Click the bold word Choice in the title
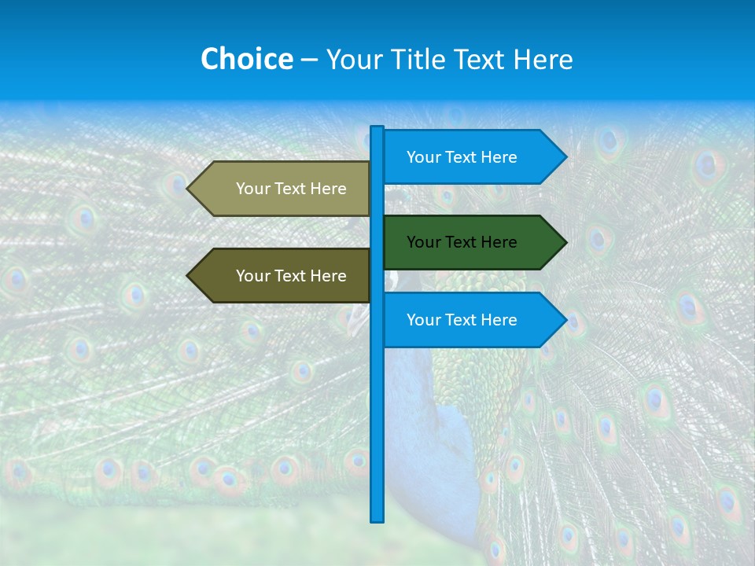point(246,59)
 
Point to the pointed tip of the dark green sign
point(565,242)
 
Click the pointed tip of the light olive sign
point(189,189)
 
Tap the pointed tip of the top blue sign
point(565,157)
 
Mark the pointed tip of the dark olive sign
point(189,276)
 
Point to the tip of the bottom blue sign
point(565,320)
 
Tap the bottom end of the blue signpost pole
point(377,519)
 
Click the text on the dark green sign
point(462,242)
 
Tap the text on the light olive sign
point(291,189)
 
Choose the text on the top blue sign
point(462,157)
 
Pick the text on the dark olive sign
point(291,276)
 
